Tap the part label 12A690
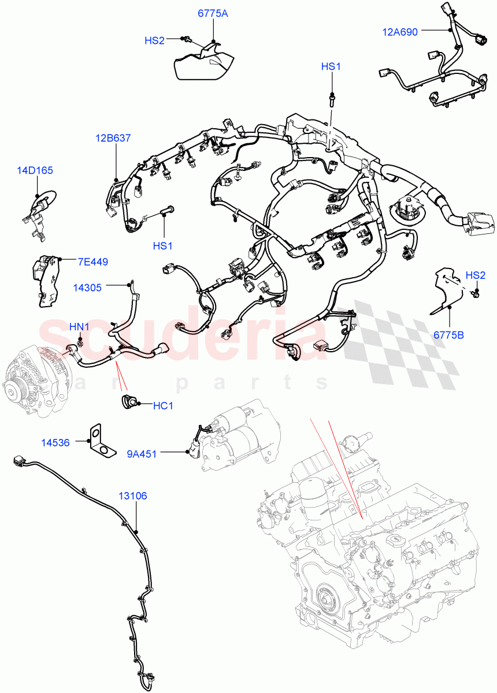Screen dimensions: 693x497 [399, 32]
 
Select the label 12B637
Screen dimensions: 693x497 [113, 138]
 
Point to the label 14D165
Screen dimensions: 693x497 [35, 170]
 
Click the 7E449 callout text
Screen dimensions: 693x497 [92, 262]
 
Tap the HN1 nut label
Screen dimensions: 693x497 [79, 327]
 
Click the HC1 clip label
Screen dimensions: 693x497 [163, 406]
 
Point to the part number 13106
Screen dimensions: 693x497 [133, 495]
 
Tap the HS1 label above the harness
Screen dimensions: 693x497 [331, 68]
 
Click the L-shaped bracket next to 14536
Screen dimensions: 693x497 [97, 441]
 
